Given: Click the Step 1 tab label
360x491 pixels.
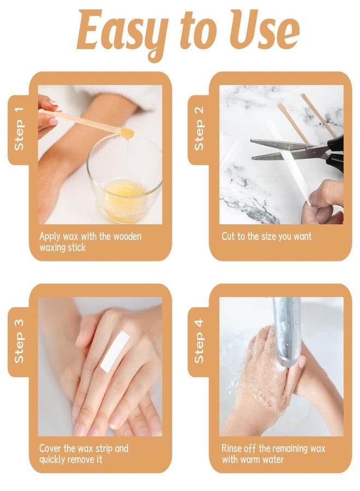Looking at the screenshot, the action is [19, 129].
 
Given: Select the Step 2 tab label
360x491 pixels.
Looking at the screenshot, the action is [199, 128].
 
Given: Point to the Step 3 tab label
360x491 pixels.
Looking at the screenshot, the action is [19, 341].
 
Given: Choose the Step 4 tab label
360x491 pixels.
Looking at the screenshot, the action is [199, 341].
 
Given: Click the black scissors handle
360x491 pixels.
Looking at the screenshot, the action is [335, 153].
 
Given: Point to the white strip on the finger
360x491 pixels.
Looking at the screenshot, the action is [115, 352].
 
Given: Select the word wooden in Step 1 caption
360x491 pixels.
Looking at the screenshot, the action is [127, 236].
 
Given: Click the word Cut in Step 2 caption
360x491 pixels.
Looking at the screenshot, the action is [228, 236].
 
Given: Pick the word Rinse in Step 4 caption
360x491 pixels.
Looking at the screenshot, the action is [232, 448].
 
